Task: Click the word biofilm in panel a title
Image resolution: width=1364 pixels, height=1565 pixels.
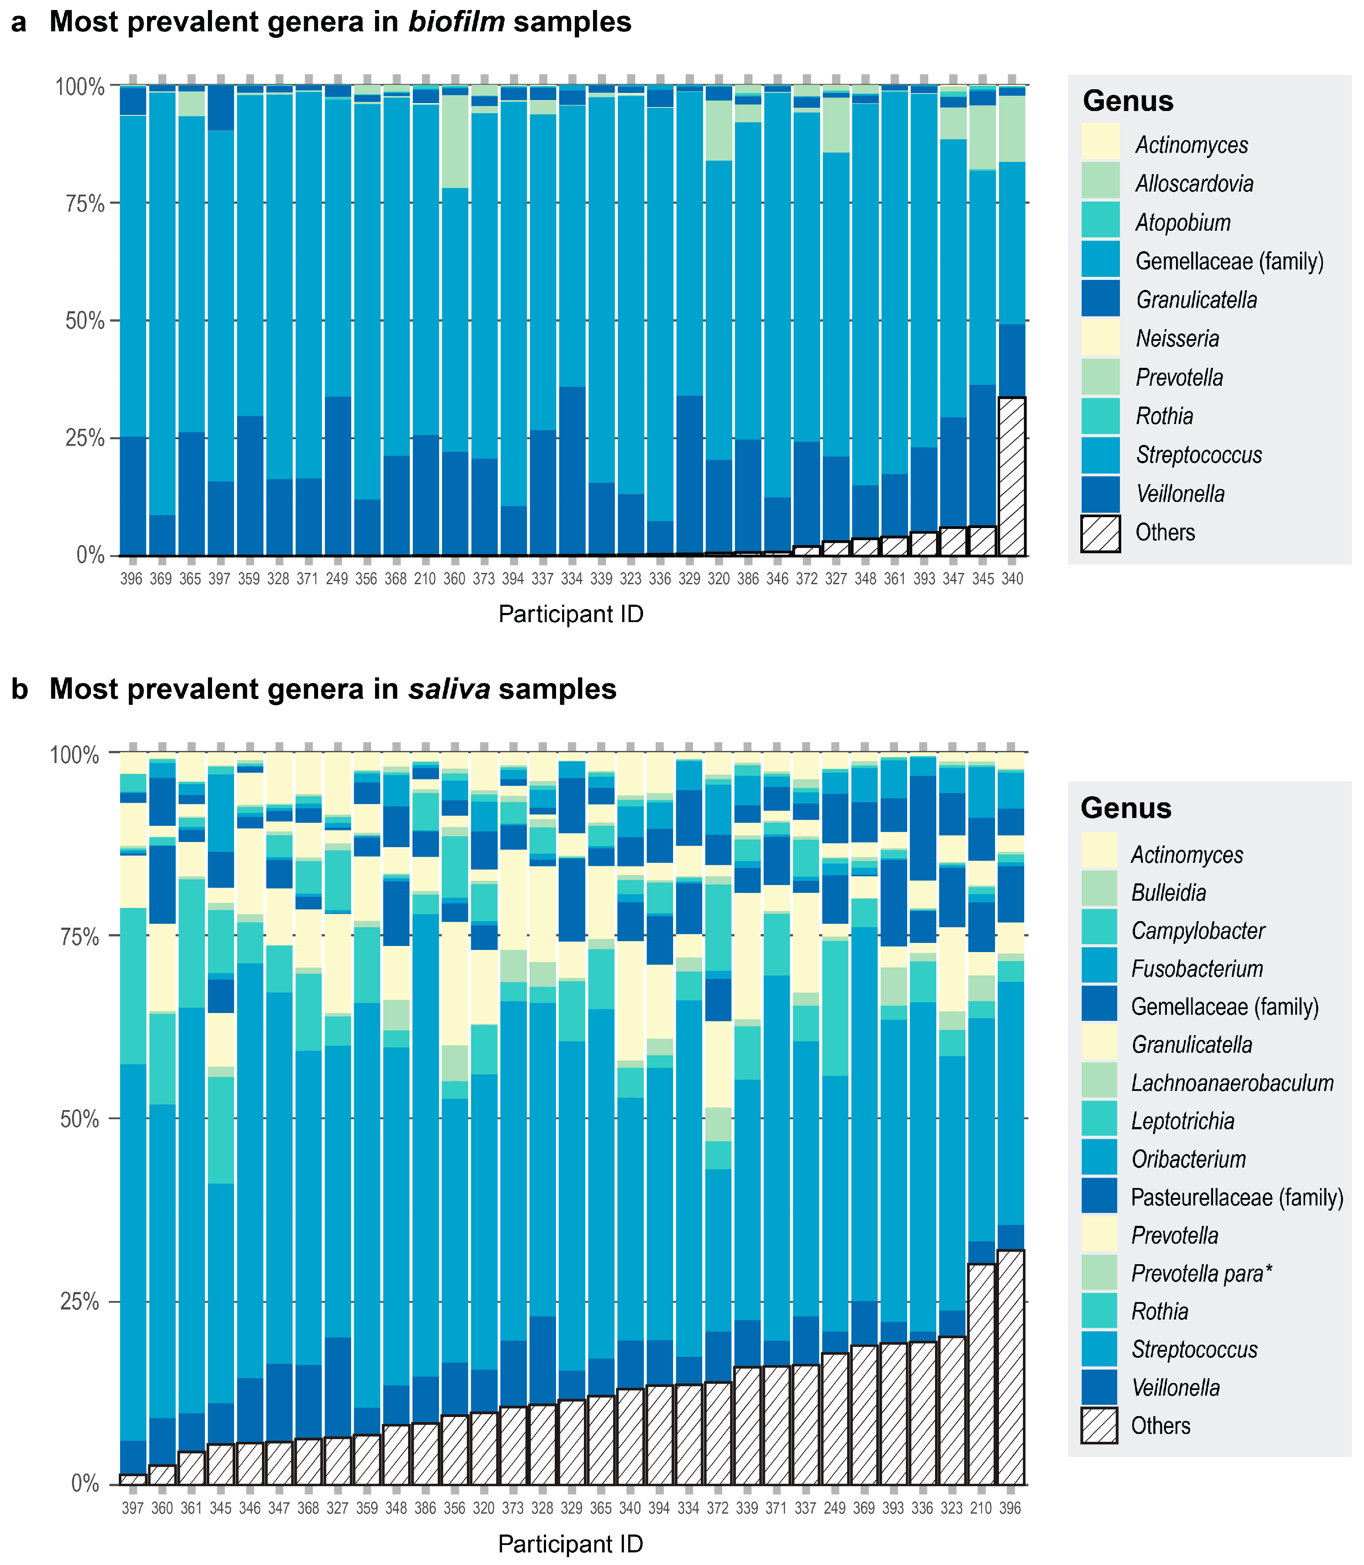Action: click(457, 22)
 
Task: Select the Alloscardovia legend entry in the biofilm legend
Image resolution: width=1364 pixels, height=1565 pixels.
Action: click(1193, 184)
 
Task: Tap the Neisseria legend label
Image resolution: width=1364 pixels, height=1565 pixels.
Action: click(1177, 338)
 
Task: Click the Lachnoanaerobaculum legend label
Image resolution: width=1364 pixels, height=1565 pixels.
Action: click(1232, 1083)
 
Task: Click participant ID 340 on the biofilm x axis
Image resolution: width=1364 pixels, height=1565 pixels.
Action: click(1012, 579)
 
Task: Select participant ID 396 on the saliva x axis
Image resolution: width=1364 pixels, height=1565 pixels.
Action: click(1010, 1509)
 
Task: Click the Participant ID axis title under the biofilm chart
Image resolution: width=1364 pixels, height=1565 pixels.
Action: click(571, 614)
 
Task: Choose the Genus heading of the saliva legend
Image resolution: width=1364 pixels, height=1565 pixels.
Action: click(1126, 808)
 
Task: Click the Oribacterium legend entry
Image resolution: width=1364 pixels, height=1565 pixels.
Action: click(1188, 1159)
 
